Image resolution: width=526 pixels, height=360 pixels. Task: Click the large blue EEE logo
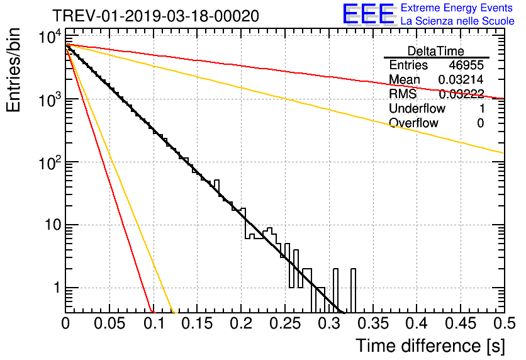[x=368, y=15]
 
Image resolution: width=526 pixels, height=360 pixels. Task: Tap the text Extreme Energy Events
[x=457, y=8]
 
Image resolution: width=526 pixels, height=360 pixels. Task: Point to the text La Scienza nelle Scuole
[x=457, y=21]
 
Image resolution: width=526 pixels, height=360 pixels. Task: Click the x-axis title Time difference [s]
[x=430, y=346]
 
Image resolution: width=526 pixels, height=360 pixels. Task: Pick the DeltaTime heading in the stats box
[x=436, y=51]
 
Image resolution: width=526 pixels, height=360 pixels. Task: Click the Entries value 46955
[x=466, y=65]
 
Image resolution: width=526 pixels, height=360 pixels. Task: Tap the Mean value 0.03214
[x=461, y=80]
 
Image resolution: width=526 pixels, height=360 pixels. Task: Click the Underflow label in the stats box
[x=417, y=109]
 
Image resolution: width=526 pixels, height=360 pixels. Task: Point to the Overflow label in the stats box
[x=413, y=123]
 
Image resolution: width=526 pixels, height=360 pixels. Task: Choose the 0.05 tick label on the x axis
[x=109, y=324]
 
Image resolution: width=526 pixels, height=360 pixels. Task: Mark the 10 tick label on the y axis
[x=48, y=225]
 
